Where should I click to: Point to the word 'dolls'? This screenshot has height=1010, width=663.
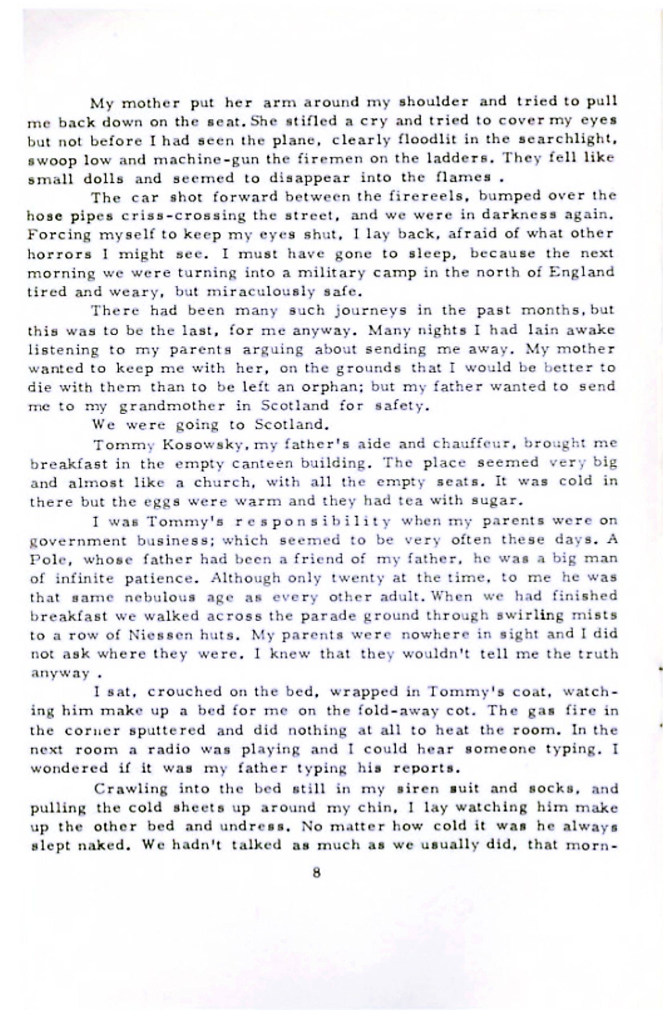point(103,179)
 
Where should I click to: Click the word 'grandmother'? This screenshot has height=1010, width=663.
point(172,406)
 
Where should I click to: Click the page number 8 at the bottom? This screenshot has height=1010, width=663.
point(316,873)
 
